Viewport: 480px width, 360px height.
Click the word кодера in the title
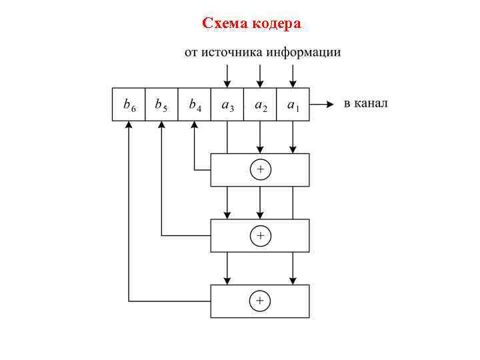276,24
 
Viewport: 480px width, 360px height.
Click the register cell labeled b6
129,105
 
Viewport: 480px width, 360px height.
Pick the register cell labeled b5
161,105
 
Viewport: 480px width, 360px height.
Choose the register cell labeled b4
195,105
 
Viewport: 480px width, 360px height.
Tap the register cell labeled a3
227,105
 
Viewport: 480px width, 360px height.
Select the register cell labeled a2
260,105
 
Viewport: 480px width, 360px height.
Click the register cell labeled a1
293,105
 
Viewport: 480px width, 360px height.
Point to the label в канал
365,104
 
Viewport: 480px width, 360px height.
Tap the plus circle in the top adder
260,170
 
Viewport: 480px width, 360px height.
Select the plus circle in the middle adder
260,235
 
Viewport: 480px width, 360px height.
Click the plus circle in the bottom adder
260,301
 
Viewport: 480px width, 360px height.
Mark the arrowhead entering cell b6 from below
129,125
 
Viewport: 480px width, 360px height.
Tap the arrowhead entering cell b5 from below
161,125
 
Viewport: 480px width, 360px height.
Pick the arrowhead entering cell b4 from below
195,125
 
